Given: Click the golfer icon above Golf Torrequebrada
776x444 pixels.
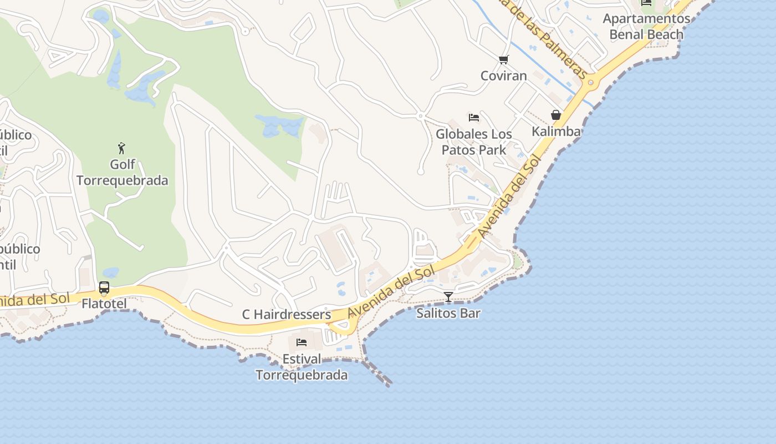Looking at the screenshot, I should pos(122,148).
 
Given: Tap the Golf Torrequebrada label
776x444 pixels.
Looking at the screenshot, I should pos(122,173).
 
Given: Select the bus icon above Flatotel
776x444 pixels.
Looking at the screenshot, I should pos(104,287).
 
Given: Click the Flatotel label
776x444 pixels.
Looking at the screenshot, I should pos(104,304).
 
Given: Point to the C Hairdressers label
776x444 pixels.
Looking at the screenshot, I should pos(287,315).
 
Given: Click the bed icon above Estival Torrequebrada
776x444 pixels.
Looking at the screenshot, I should pos(302,342).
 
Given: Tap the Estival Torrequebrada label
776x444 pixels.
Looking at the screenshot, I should pos(302,367).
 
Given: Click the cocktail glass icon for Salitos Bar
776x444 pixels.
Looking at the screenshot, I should pos(448,297).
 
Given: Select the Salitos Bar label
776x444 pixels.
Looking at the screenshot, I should pos(448,313).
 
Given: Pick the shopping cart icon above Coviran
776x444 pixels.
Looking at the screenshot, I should pos(503,59).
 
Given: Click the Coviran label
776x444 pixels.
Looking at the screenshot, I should pos(503,75).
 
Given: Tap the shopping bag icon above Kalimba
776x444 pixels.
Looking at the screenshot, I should pos(556,115).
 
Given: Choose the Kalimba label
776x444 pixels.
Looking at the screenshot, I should pos(556,132).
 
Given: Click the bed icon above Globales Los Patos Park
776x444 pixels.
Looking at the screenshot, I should pos(473,118).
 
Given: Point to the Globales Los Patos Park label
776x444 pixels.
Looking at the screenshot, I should pos(474,142).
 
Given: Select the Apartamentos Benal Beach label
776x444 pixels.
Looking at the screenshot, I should pos(646,27).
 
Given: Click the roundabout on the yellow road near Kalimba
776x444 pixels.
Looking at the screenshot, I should pos(591,83).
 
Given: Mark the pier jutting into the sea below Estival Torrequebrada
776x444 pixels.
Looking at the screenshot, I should pos(380,375).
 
